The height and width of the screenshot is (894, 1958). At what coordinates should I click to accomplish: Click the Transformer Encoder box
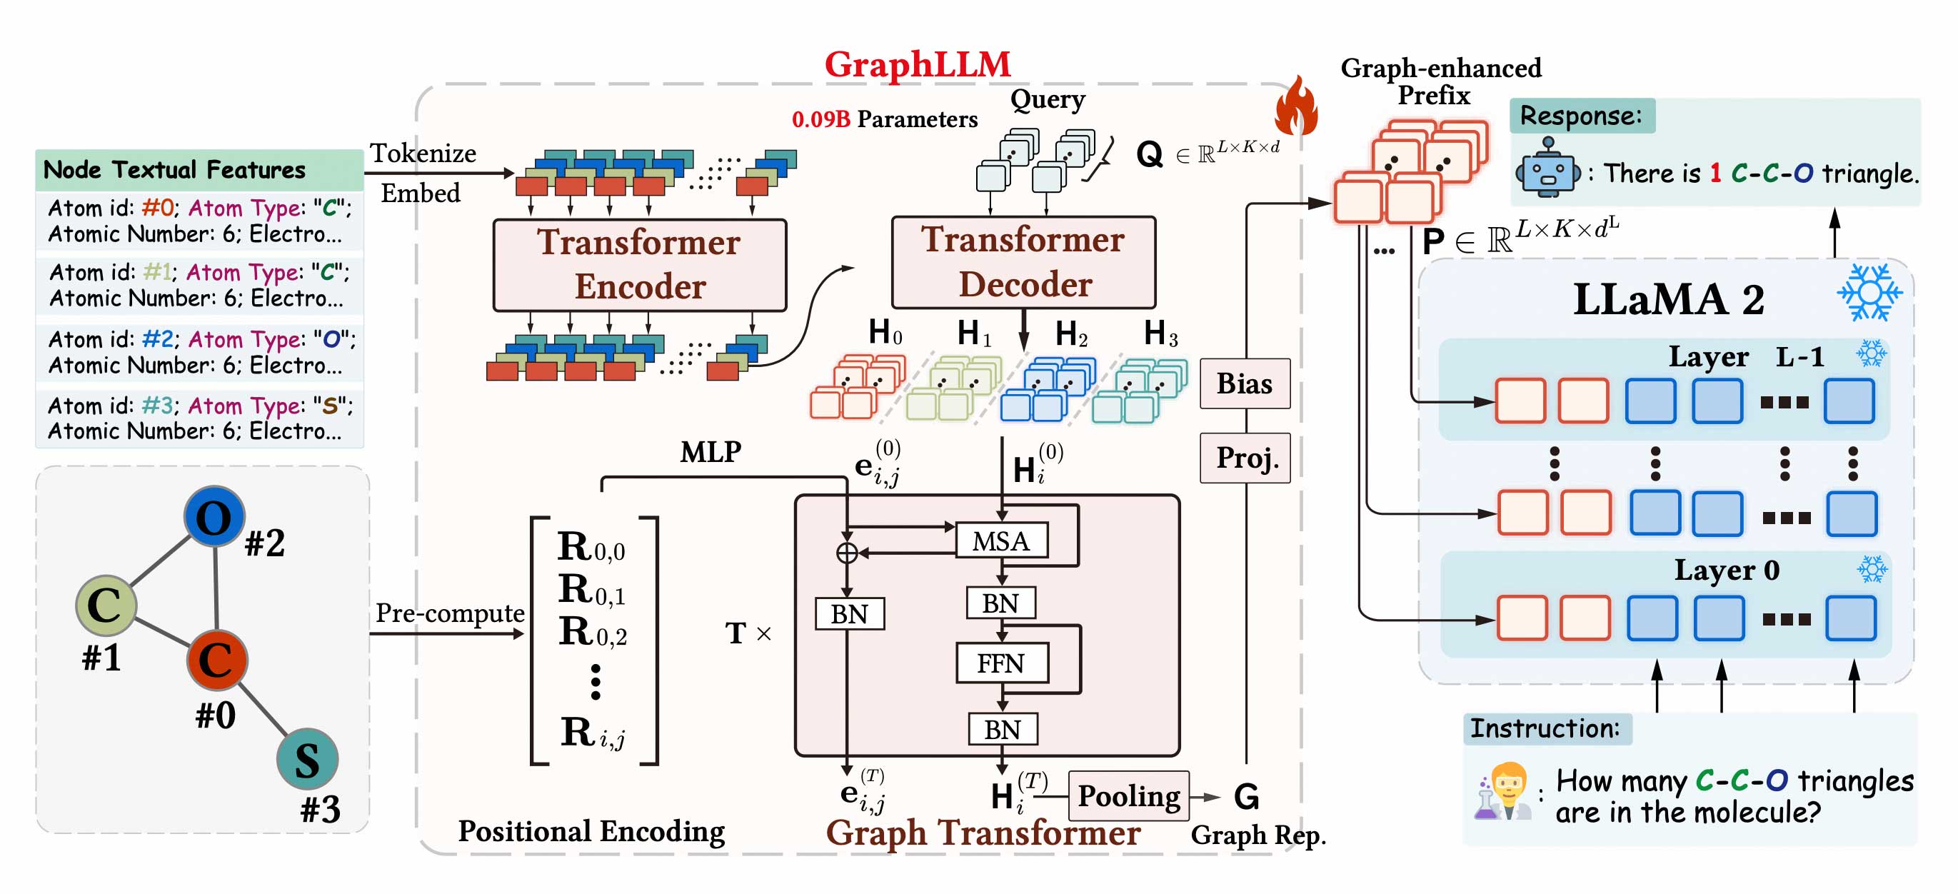(x=639, y=264)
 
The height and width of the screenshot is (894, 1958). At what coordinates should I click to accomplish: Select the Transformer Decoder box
(x=1023, y=262)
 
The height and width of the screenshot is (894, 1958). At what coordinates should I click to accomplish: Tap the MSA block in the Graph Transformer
(x=1001, y=541)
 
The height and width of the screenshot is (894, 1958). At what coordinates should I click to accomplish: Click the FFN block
(x=1001, y=663)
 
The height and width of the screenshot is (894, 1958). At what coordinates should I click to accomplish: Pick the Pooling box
(x=1129, y=796)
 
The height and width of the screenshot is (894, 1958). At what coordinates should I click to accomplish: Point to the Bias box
(x=1244, y=383)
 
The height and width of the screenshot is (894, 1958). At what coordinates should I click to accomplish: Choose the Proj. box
(x=1244, y=458)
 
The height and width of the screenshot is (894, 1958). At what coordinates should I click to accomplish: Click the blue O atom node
(x=214, y=517)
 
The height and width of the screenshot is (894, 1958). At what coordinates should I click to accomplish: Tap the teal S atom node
(x=307, y=758)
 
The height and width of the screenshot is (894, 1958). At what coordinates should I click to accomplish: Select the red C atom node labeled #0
(x=216, y=659)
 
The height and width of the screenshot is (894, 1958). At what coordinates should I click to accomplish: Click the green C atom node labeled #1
(x=106, y=605)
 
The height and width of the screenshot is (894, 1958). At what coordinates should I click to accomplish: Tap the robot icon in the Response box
(x=1547, y=169)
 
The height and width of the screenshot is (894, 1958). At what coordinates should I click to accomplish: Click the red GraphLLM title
(x=918, y=64)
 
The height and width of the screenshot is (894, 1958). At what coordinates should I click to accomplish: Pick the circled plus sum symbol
(x=847, y=553)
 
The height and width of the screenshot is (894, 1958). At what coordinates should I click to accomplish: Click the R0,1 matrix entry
(x=591, y=590)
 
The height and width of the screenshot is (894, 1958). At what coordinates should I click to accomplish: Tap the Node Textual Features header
(x=175, y=169)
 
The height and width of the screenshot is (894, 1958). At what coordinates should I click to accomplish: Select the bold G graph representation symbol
(x=1246, y=797)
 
